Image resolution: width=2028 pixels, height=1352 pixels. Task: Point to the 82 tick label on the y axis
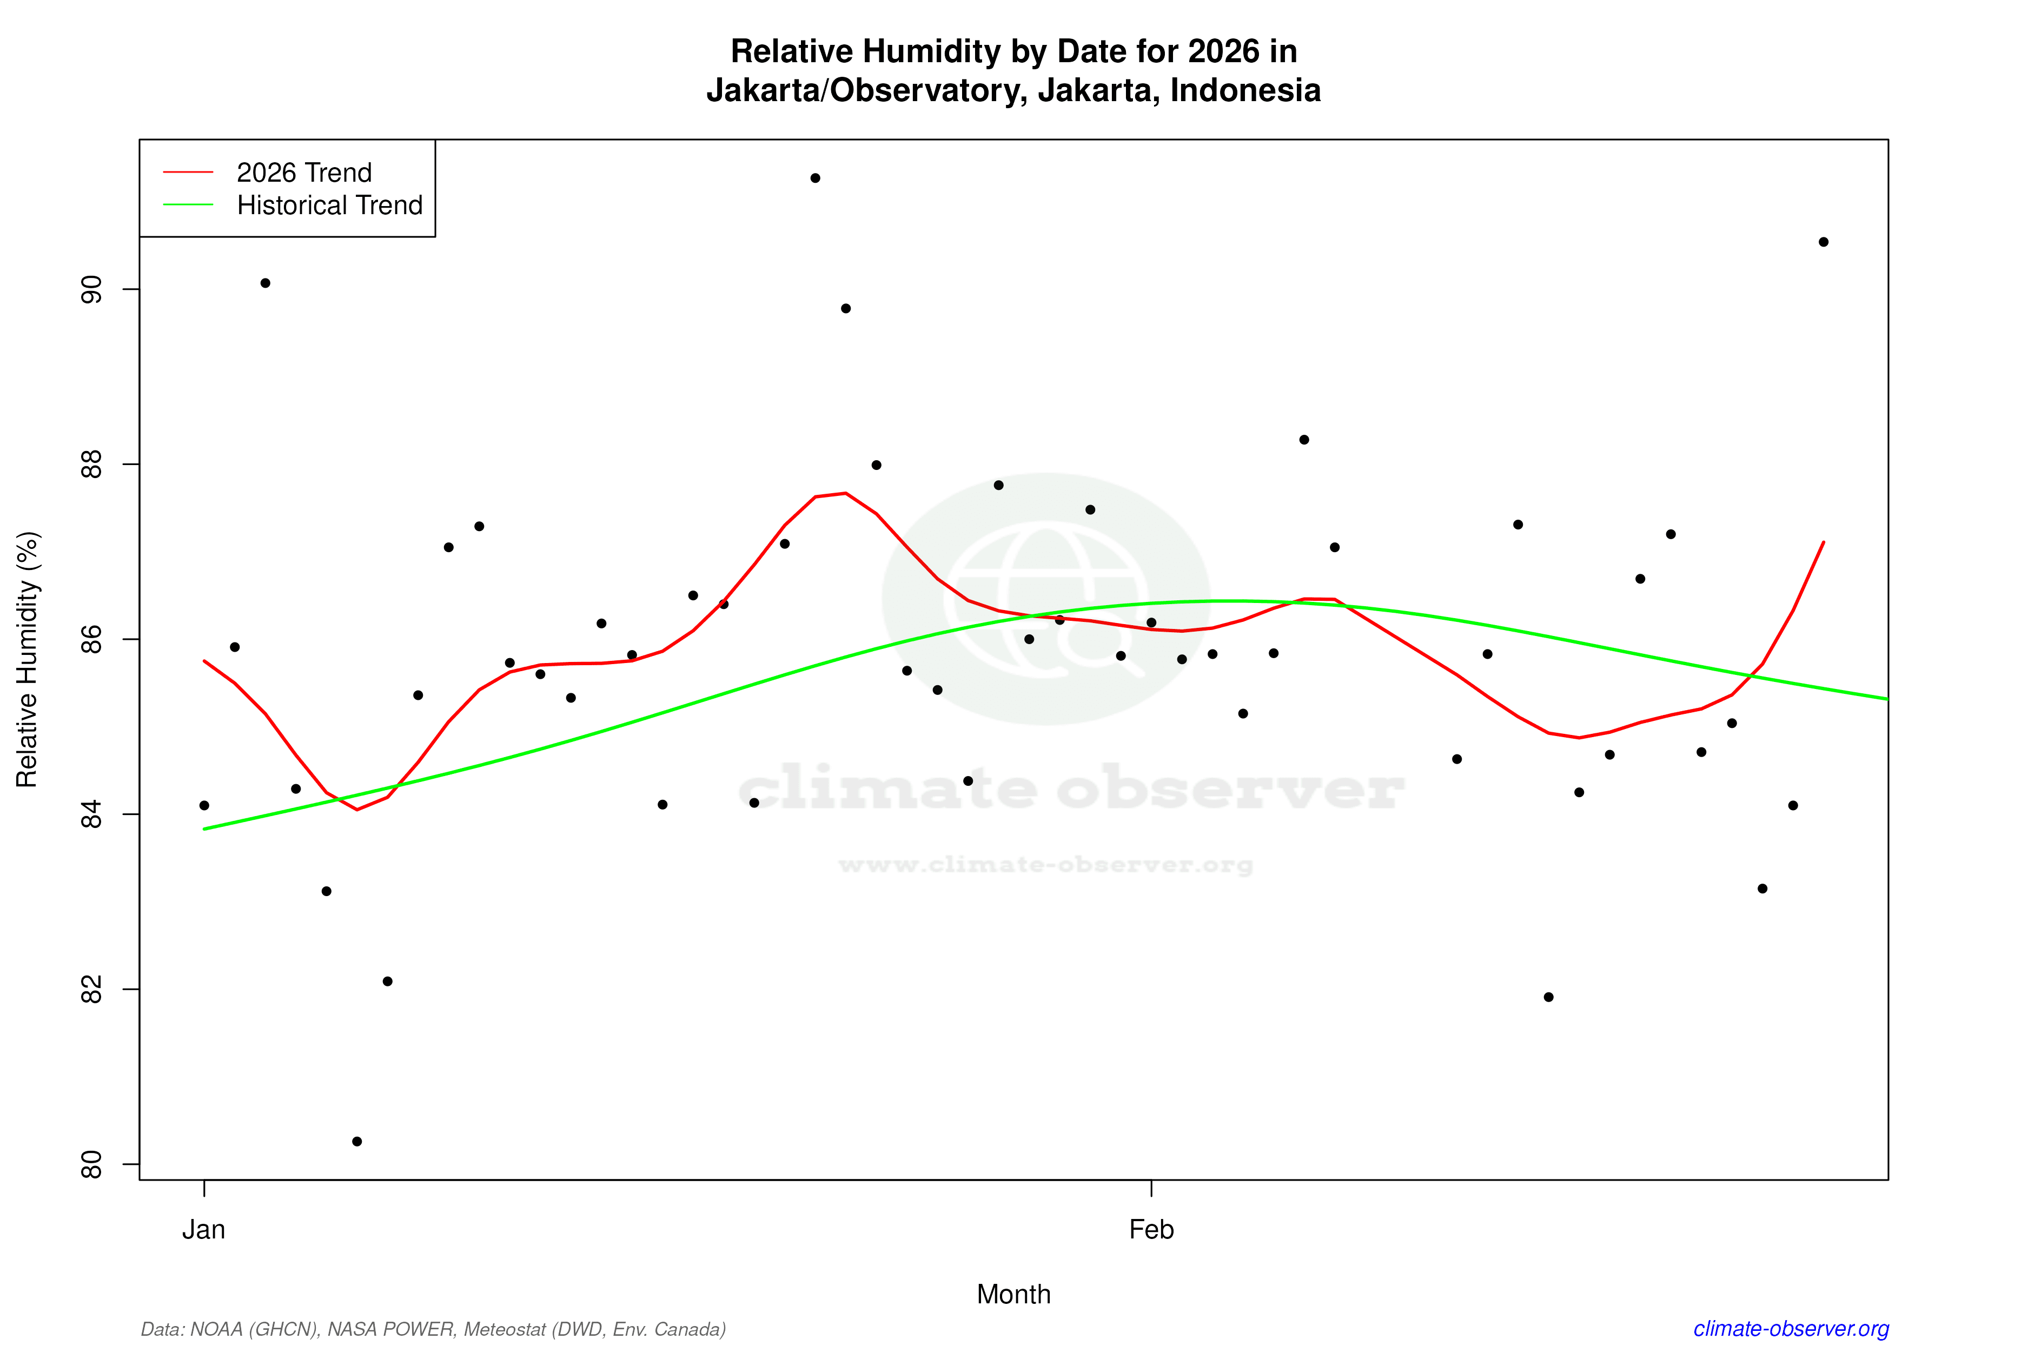coord(90,990)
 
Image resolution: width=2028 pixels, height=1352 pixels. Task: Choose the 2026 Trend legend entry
coord(303,173)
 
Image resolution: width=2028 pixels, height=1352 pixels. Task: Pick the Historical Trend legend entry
coord(329,205)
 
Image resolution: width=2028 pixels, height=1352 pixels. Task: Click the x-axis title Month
coord(1013,1294)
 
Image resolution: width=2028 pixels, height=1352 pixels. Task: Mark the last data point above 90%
coord(1824,242)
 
